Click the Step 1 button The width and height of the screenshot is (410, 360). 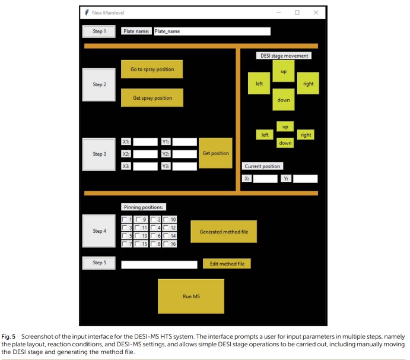click(98, 31)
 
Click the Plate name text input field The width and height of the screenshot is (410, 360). click(211, 31)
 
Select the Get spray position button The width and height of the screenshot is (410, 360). click(152, 98)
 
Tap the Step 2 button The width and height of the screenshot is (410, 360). click(98, 84)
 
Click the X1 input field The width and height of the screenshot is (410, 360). click(145, 142)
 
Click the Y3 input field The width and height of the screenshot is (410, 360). click(185, 166)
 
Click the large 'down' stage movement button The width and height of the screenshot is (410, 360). click(284, 100)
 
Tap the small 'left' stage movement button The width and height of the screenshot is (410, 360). click(266, 135)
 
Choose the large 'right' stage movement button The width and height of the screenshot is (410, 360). click(308, 84)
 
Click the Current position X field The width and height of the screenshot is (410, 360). click(265, 178)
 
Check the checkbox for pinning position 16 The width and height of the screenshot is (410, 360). click(166, 244)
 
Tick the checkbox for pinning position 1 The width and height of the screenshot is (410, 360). click(125, 220)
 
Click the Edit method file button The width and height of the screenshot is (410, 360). click(227, 264)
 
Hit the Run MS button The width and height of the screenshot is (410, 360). click(190, 296)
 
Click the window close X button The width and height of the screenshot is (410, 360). click(316, 12)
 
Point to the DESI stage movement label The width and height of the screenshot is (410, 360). click(284, 56)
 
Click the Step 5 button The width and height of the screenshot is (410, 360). click(98, 263)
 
